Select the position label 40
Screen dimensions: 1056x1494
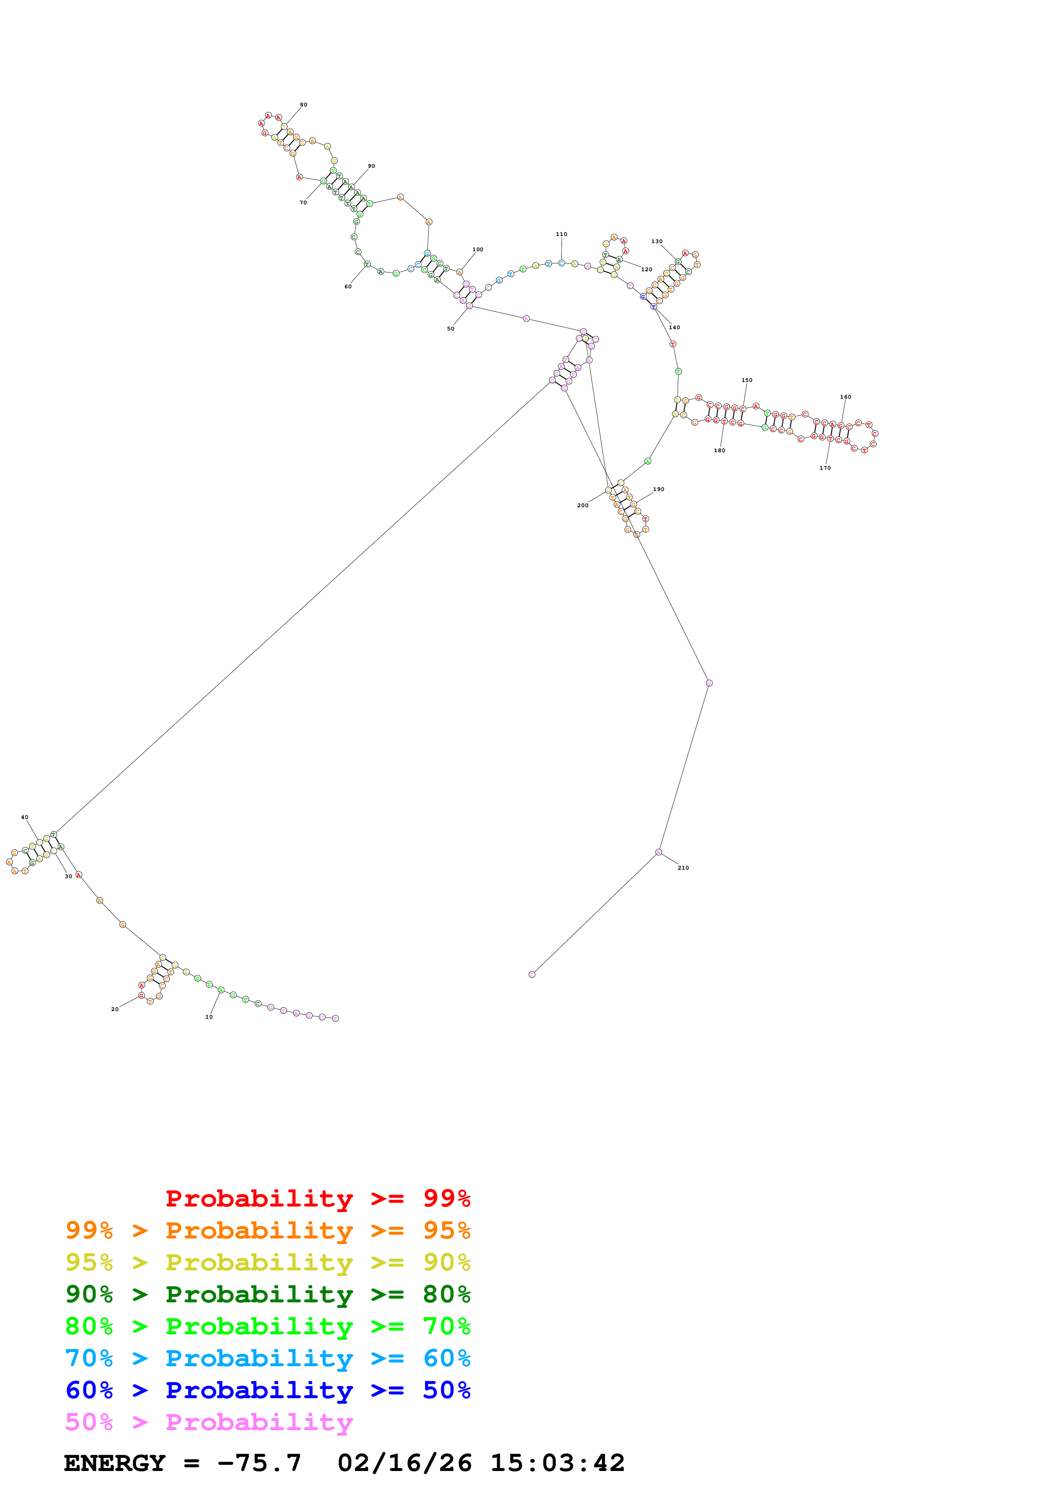[x=25, y=817]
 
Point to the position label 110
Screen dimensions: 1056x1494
[x=561, y=234]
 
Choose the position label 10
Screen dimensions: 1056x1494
[x=209, y=1017]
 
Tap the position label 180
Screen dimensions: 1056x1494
[x=719, y=451]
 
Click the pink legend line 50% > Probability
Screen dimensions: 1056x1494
[x=209, y=1422]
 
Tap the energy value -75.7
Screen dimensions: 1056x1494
[x=259, y=1463]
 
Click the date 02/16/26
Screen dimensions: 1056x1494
[x=404, y=1463]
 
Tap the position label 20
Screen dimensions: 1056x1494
[x=115, y=1010]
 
